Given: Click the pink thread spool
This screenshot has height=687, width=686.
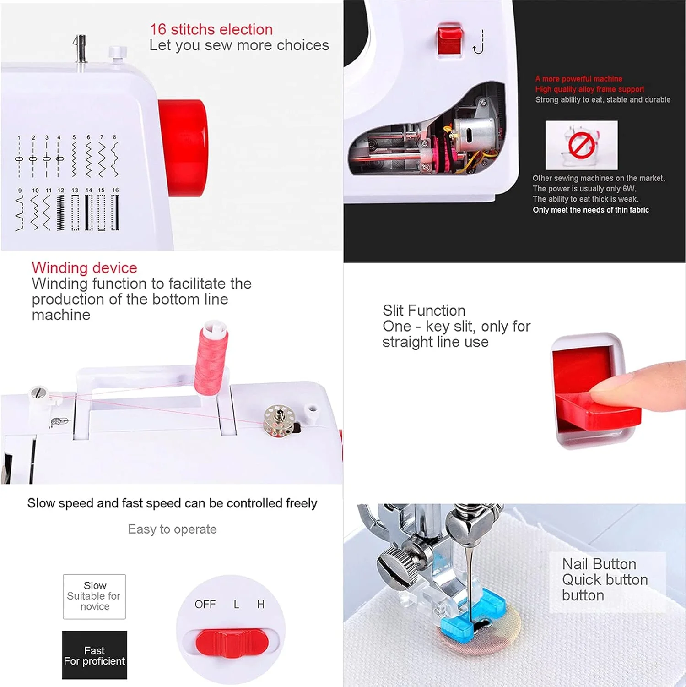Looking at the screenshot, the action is (211, 359).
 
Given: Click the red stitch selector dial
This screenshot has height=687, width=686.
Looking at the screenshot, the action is (183, 148).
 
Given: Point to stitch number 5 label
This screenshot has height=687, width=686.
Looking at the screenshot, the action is (74, 137).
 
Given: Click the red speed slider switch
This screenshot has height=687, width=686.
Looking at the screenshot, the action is (232, 643).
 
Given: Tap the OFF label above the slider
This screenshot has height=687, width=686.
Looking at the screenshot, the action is (205, 604).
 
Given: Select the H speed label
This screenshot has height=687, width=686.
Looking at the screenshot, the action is (260, 604).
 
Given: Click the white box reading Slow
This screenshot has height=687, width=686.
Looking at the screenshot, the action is (94, 596).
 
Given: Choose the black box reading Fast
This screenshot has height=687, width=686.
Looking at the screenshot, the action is (94, 655).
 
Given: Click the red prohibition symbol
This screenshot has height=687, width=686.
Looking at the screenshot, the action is (581, 145).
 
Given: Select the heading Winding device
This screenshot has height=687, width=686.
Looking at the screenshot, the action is (84, 268).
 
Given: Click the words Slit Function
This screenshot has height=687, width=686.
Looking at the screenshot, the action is (424, 311).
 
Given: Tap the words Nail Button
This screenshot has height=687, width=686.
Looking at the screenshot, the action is (599, 564).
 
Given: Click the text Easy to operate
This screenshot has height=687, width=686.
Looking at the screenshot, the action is (172, 529).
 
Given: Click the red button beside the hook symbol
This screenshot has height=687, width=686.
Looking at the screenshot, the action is (450, 40).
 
